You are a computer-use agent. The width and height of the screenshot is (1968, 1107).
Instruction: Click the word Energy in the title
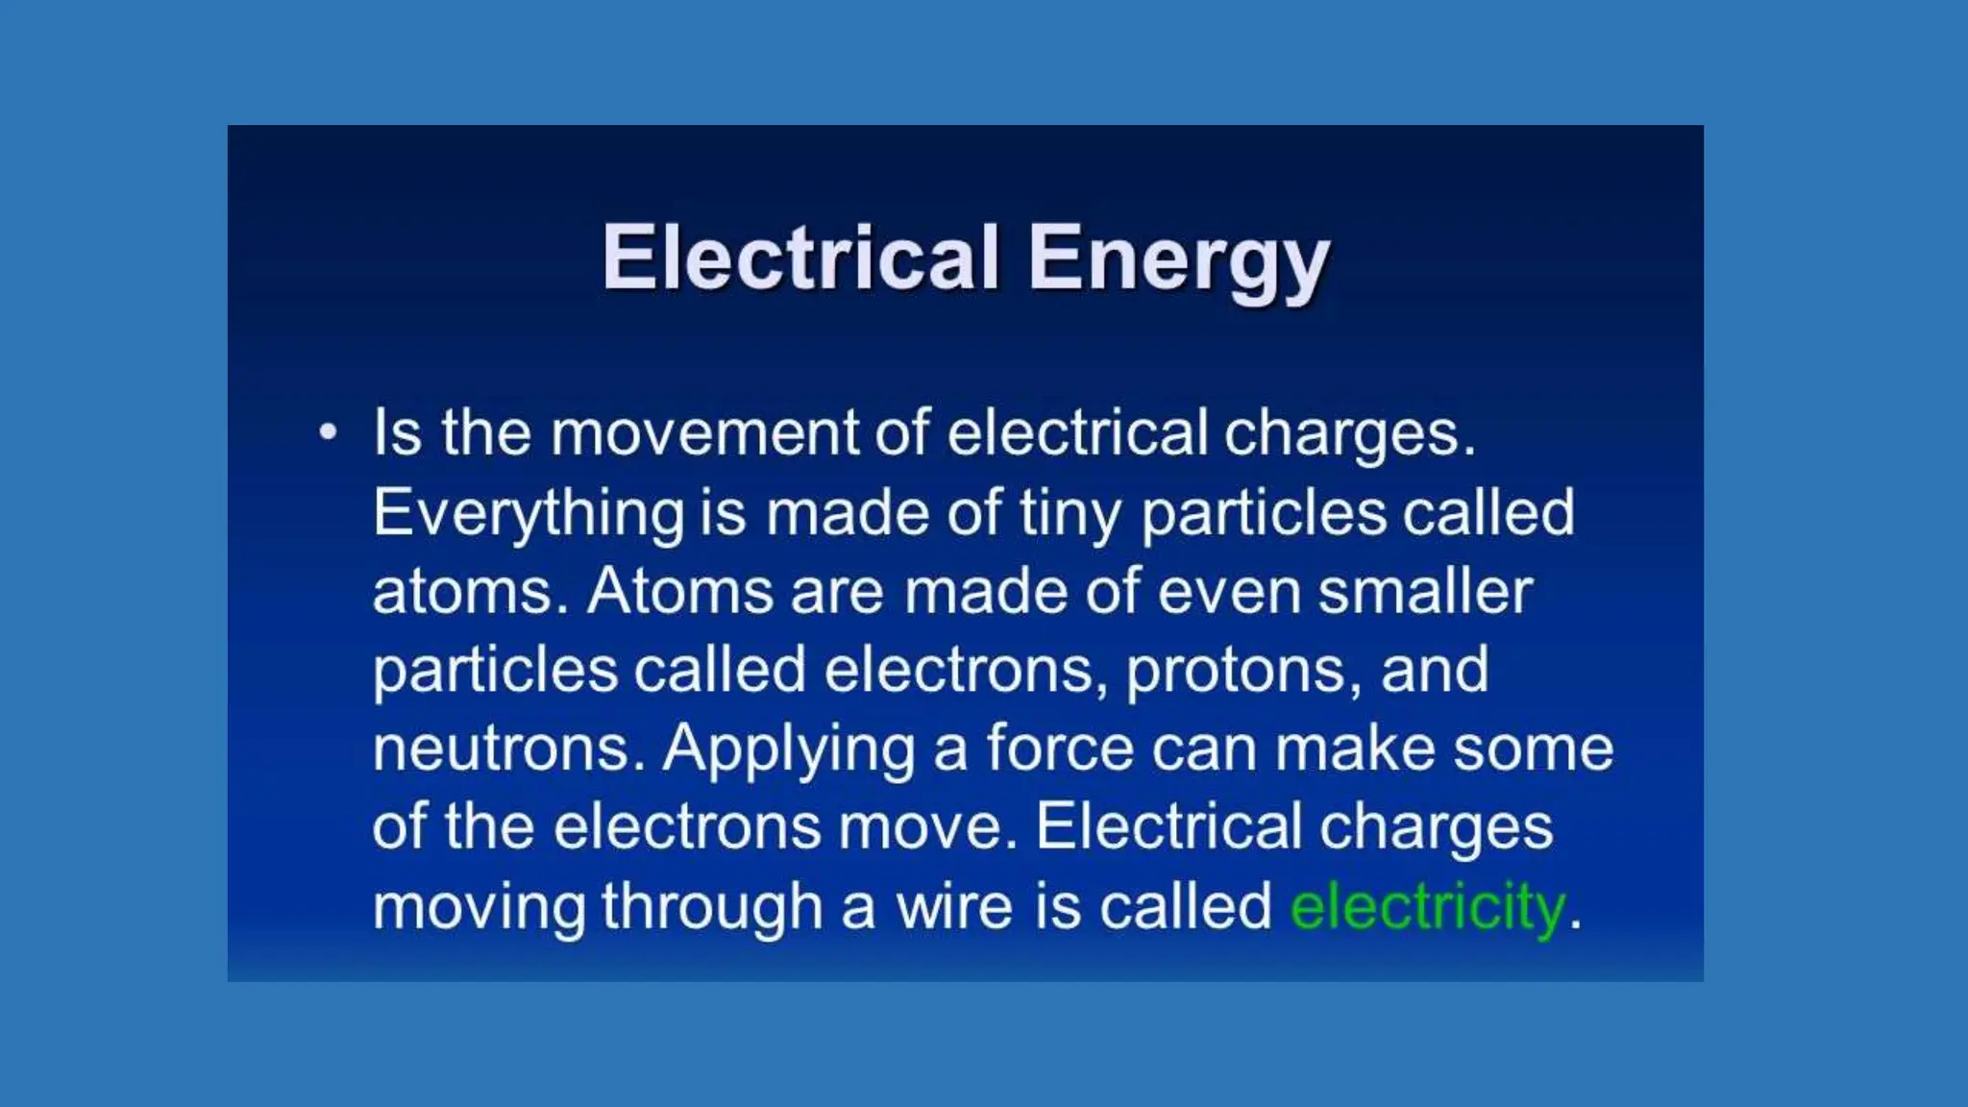pos(1178,259)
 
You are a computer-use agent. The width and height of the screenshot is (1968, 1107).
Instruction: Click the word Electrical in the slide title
pos(800,258)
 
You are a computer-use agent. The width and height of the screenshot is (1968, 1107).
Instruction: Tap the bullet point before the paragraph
pos(329,432)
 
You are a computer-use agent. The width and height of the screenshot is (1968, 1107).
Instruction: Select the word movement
pos(703,432)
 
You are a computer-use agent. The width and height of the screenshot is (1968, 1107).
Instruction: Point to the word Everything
pos(529,513)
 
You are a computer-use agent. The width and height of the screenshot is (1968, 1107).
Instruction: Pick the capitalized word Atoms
pos(680,591)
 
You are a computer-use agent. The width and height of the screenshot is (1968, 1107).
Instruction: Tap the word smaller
pos(1425,591)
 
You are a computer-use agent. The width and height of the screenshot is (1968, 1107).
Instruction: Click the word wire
pos(954,906)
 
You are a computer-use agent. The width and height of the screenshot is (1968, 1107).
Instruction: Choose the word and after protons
pos(1435,670)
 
